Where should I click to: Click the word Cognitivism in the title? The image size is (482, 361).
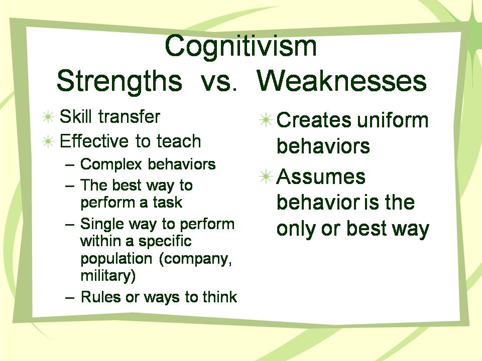point(240,46)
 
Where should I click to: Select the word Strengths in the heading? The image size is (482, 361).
point(119,81)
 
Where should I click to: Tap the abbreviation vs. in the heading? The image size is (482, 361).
point(219,82)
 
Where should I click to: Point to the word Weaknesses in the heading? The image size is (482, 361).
point(341,81)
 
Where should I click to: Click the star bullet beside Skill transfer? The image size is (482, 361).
point(48,117)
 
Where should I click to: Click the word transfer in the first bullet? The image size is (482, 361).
point(129,116)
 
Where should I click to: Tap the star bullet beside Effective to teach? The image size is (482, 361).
point(48,141)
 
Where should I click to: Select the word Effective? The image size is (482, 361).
point(94,141)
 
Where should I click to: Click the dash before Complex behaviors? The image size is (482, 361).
point(70,165)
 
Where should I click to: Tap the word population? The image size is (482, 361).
point(116,259)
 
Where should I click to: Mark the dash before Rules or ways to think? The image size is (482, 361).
point(70,298)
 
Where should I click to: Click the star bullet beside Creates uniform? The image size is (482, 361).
point(266,120)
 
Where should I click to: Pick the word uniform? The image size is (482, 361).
point(393,120)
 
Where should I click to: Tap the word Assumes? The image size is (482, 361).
point(321,177)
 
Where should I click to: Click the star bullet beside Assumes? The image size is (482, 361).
point(266,177)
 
